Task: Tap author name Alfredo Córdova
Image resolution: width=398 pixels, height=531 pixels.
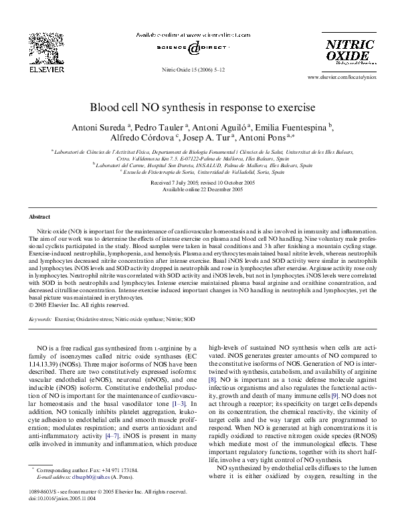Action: click(x=140, y=138)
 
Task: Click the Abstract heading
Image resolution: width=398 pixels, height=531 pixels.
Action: click(x=39, y=217)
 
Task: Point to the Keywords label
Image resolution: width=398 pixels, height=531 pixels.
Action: click(x=41, y=320)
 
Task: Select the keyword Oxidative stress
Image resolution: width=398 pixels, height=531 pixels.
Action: click(x=94, y=320)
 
